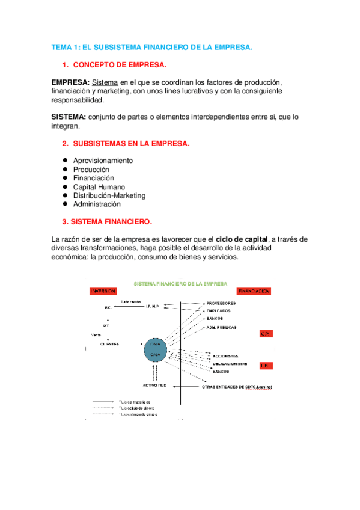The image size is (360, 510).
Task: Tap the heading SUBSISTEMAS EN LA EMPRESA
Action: coord(131,143)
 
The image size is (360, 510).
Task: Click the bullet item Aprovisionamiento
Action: coord(103,161)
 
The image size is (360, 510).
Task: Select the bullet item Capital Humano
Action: coord(99,187)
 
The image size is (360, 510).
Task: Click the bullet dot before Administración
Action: coord(64,204)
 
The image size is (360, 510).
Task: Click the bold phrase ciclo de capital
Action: coord(242,239)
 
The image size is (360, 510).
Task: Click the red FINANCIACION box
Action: coord(254,291)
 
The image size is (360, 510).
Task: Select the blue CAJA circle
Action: coord(155,349)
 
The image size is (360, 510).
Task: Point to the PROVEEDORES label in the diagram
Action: coord(221,303)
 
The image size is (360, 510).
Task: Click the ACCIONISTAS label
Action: coord(225,355)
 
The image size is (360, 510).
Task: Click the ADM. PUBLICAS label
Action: coord(221,328)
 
